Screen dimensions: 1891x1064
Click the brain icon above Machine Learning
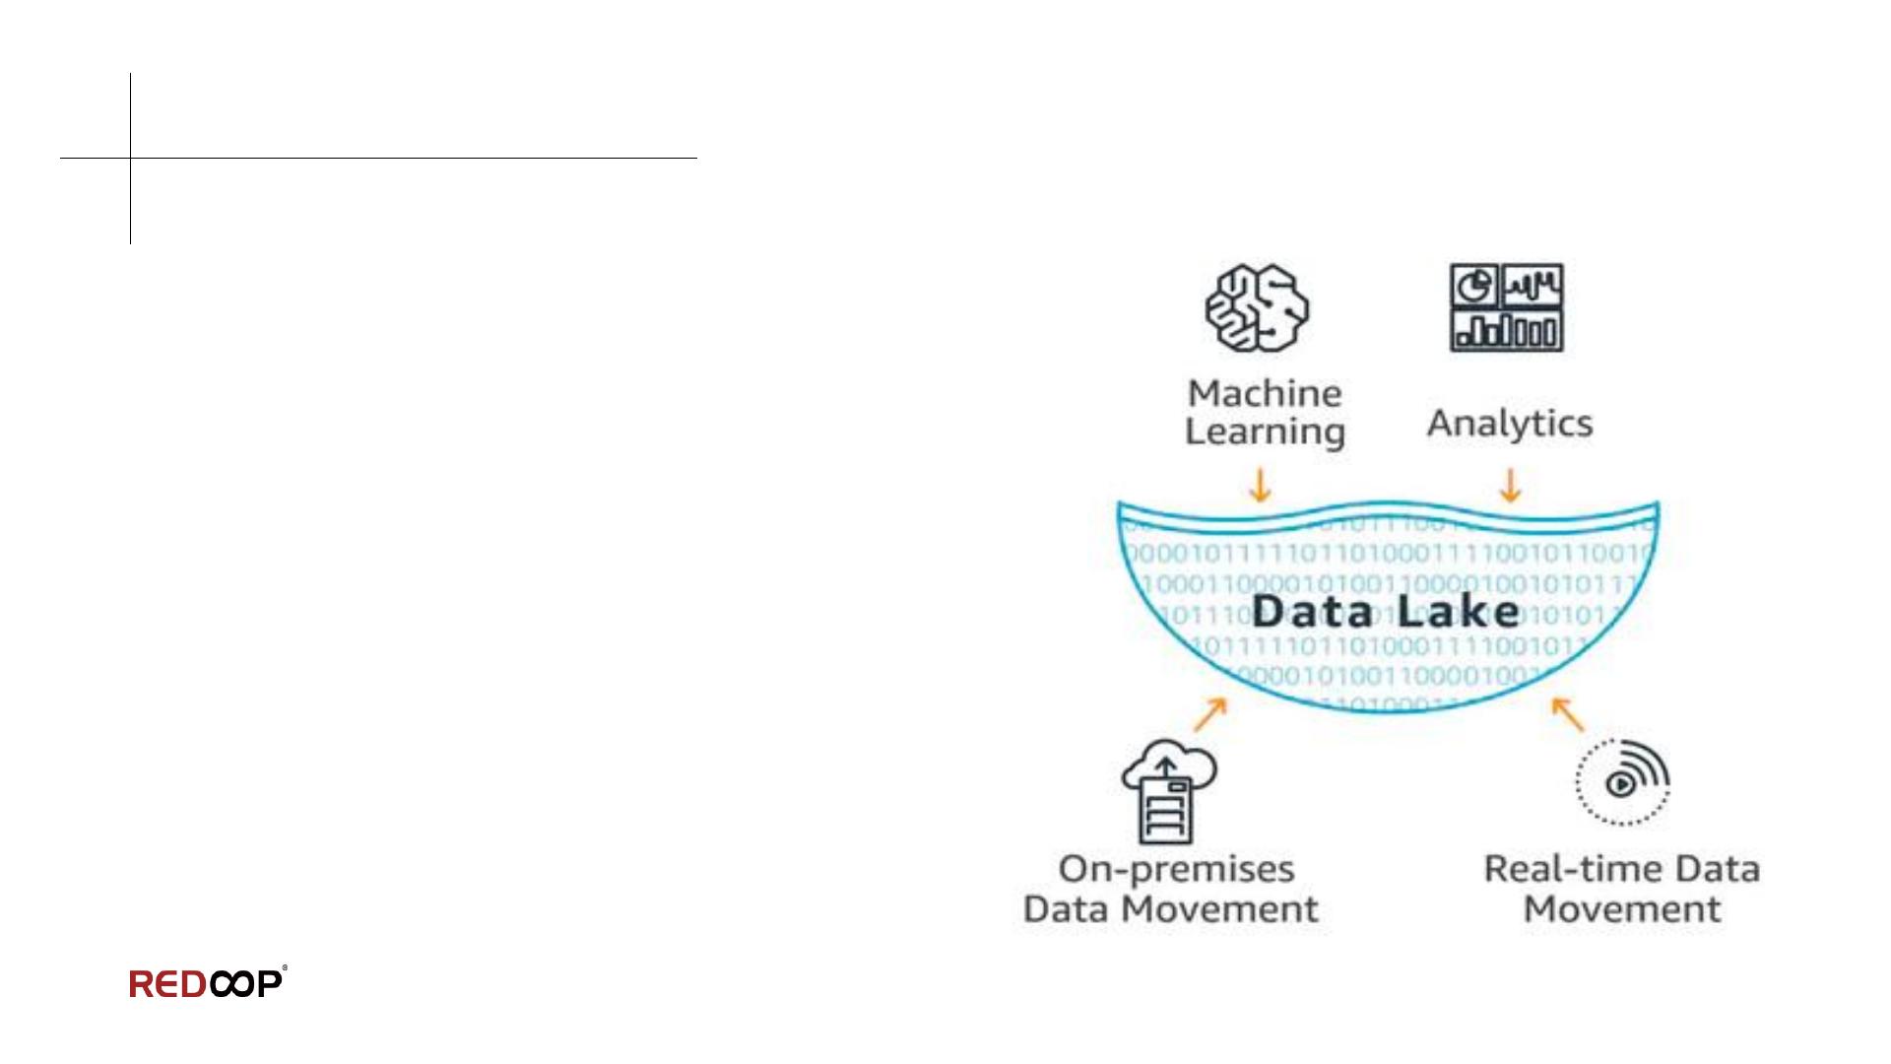[x=1258, y=308]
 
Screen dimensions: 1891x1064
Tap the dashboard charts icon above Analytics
[x=1506, y=307]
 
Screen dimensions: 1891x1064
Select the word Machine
[x=1265, y=394]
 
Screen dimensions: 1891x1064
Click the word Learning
[x=1265, y=432]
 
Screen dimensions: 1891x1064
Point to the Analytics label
[x=1510, y=424]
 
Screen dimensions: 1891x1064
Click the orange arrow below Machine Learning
[x=1260, y=485]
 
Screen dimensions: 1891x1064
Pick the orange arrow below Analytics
[x=1510, y=485]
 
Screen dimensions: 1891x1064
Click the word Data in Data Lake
[x=1313, y=612]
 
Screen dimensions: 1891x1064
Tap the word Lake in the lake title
[x=1459, y=612]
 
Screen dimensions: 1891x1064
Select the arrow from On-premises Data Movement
[x=1210, y=714]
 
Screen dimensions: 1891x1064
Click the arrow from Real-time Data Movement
[x=1568, y=714]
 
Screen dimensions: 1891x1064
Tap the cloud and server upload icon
[x=1167, y=791]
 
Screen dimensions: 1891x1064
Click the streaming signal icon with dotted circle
[x=1622, y=781]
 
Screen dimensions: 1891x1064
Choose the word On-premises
[x=1176, y=870]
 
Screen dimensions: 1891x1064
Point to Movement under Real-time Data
[x=1622, y=909]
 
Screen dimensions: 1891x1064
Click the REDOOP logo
[x=208, y=983]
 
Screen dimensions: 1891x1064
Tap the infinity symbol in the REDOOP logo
[x=232, y=984]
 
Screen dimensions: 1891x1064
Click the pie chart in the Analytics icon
[x=1474, y=286]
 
